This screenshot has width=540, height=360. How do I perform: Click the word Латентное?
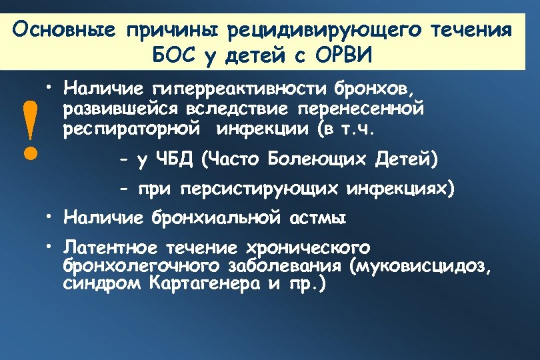click(110, 248)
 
